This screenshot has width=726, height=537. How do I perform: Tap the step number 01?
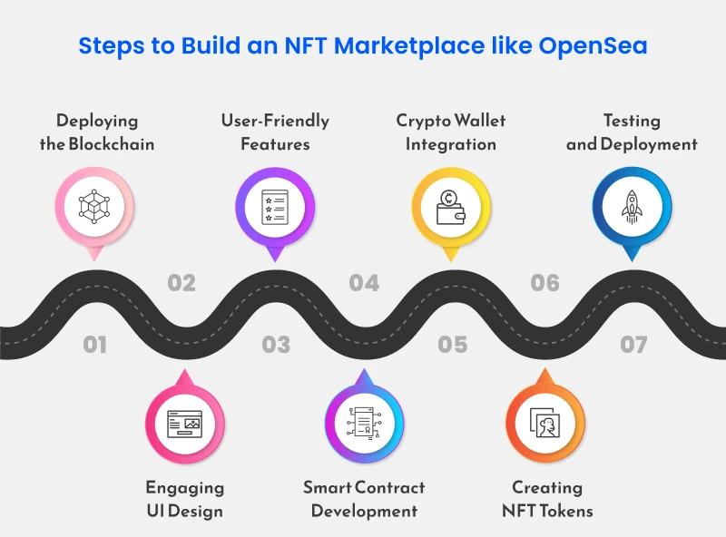click(94, 345)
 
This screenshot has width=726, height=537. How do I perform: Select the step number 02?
click(181, 283)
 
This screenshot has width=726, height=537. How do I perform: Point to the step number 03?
click(276, 345)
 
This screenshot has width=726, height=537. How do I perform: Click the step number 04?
click(364, 283)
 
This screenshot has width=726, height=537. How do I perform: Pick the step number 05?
click(453, 345)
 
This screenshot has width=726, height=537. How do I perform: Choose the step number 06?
click(545, 283)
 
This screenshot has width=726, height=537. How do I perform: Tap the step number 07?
click(633, 345)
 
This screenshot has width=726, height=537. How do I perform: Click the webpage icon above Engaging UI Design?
click(185, 423)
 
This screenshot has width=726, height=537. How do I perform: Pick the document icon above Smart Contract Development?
click(364, 423)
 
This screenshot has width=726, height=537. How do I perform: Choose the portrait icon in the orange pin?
click(545, 423)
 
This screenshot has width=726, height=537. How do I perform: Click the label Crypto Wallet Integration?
click(451, 132)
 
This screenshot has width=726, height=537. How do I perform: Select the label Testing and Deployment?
click(632, 132)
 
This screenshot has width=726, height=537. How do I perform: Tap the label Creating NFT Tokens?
click(547, 499)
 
